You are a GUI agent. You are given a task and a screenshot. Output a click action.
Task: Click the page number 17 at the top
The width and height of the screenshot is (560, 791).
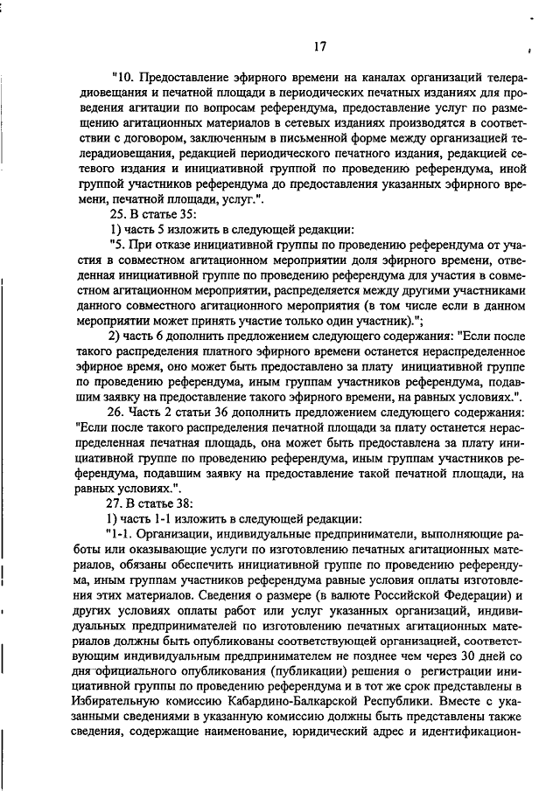tap(318, 46)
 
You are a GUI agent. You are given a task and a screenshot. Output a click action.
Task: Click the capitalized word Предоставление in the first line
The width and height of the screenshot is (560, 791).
tap(187, 78)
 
